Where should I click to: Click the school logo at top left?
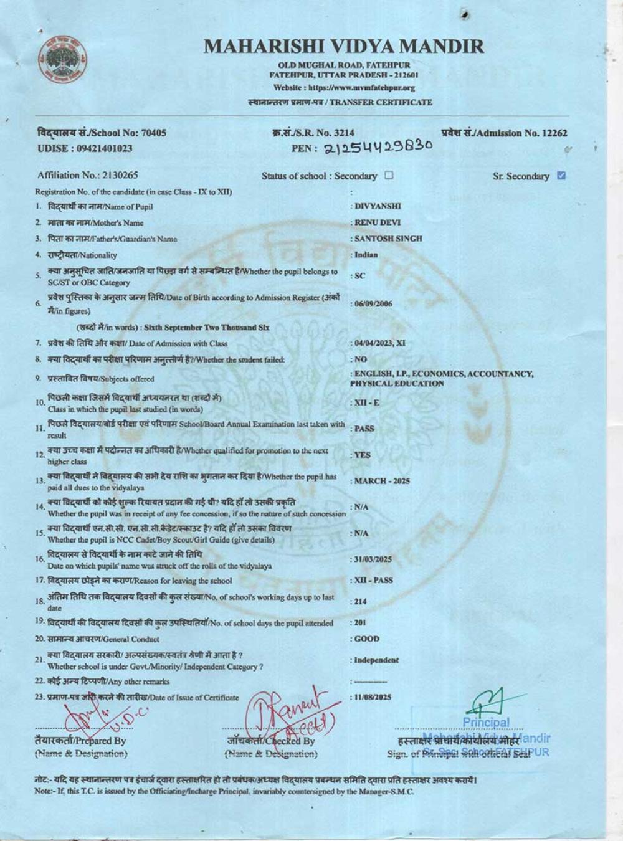62,60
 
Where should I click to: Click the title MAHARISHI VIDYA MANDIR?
343,45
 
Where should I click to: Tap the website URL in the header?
344,88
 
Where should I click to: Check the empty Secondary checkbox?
389,175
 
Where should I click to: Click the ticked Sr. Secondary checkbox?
561,176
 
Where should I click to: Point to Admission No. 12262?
505,133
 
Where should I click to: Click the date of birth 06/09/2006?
373,304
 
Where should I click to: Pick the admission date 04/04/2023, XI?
380,343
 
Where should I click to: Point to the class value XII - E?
367,403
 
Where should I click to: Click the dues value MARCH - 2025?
382,481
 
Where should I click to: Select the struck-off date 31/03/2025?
373,559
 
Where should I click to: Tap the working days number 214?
361,601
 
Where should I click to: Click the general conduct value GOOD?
366,639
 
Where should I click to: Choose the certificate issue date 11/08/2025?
373,697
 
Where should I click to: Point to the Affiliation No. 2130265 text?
88,175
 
